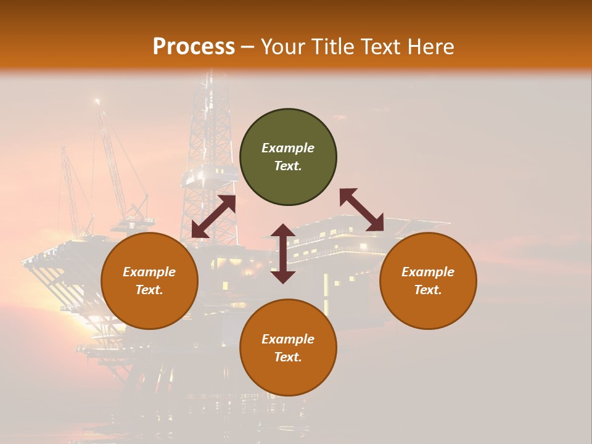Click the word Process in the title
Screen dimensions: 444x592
click(x=194, y=47)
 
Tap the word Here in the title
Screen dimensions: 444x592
click(x=430, y=47)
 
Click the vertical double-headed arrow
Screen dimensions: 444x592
click(x=283, y=253)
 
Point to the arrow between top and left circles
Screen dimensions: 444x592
click(x=213, y=216)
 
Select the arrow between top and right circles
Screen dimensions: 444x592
click(x=361, y=210)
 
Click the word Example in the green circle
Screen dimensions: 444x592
click(x=288, y=148)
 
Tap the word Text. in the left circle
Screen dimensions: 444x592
click(x=149, y=290)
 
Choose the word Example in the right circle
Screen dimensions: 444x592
click(x=428, y=272)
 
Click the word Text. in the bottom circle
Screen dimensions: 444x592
click(x=288, y=357)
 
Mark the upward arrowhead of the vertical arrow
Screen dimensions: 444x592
click(x=283, y=230)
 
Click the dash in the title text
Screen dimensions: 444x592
click(x=248, y=47)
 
